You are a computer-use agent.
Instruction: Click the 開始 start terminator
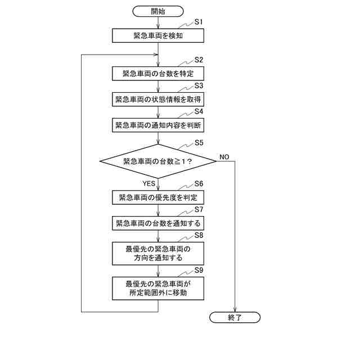pos(158,11)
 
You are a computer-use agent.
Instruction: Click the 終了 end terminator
pos(235,318)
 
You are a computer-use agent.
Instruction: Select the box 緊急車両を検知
pos(158,35)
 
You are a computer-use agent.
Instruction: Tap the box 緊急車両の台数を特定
pos(158,74)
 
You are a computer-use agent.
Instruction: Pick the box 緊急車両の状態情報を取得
pos(158,100)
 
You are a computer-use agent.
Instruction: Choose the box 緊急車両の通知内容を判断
pos(158,125)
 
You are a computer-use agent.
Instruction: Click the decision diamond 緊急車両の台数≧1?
pos(158,161)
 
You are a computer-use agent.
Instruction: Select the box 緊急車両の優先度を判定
pos(158,197)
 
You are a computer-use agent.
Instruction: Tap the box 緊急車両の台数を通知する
pos(158,223)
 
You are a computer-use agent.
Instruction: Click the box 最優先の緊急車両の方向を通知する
pos(158,254)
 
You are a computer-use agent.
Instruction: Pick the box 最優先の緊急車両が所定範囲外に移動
pos(158,287)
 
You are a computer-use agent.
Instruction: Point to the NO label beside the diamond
pos(224,156)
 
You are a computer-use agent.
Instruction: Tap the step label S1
pos(198,21)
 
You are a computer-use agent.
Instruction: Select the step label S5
pos(199,143)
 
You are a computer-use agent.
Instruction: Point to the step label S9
pos(199,270)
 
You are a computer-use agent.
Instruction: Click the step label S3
pos(199,85)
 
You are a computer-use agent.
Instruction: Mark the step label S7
pos(199,209)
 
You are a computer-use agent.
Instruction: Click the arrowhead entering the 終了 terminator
pos(235,309)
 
